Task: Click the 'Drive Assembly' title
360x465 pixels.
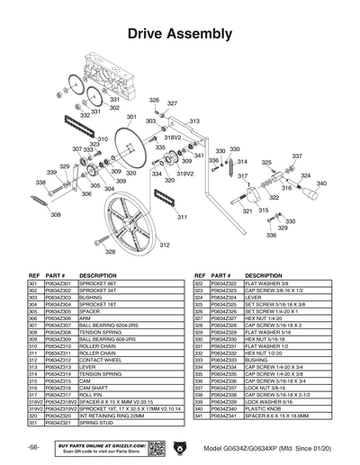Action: coord(180,34)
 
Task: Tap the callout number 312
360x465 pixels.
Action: coord(165,245)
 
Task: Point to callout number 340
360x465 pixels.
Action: coord(321,183)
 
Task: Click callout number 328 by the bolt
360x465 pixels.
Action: coord(110,253)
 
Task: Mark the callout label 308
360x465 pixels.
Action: coord(56,215)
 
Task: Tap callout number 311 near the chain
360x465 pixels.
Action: coord(183,217)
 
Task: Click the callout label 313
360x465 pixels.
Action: coord(194,121)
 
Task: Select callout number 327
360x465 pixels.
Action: coord(171,103)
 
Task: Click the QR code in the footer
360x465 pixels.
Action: coord(152,448)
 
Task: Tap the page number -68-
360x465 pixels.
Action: coord(32,447)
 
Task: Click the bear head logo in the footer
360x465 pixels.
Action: coord(178,447)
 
